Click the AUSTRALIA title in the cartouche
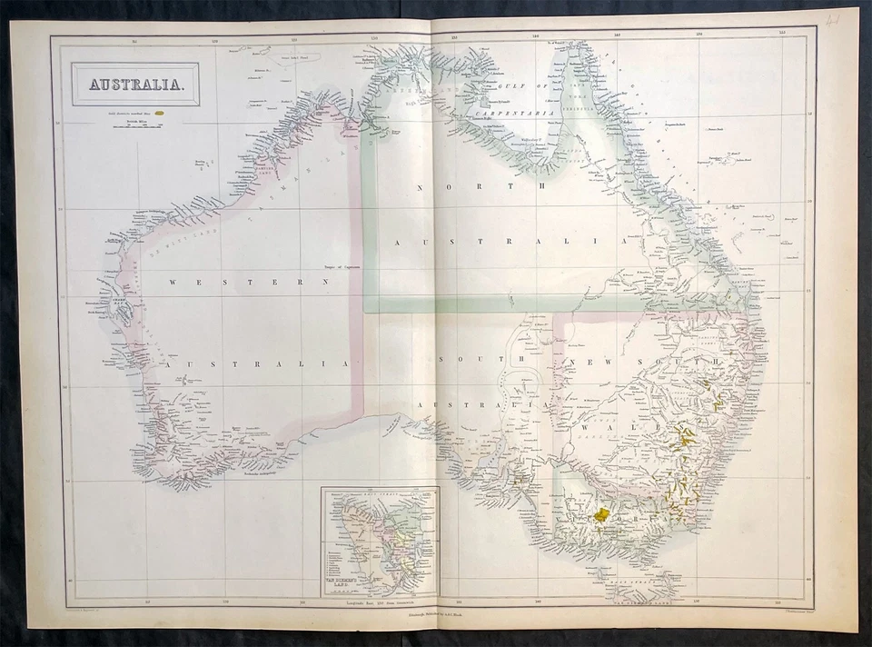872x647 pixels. [x=134, y=85]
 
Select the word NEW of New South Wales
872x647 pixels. [x=587, y=363]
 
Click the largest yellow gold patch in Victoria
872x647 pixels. [x=601, y=514]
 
